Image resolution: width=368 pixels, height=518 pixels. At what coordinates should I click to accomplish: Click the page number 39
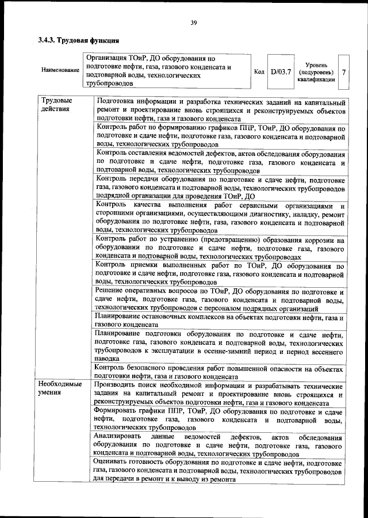(194, 22)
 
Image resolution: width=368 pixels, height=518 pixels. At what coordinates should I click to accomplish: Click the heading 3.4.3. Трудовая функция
(79, 41)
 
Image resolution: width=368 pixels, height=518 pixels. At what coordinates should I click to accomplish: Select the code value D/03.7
(281, 72)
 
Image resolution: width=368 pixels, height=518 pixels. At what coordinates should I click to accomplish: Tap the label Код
(259, 72)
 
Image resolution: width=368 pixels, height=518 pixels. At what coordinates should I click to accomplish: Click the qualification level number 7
(343, 72)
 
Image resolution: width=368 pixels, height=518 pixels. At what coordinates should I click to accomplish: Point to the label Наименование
(60, 70)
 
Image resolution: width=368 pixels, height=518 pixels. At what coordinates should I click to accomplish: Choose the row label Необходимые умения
(60, 389)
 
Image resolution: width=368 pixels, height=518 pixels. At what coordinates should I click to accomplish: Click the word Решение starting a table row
(113, 292)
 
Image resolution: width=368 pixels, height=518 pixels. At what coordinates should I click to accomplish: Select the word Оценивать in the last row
(114, 463)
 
